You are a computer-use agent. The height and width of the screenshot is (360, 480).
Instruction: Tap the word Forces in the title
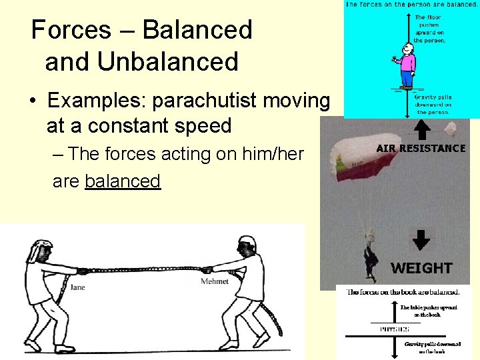coord(71,30)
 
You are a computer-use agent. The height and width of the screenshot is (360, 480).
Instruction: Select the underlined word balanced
coord(123,181)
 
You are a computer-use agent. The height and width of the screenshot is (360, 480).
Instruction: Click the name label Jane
coord(77,287)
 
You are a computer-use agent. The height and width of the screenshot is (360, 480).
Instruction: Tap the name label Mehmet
coord(215,281)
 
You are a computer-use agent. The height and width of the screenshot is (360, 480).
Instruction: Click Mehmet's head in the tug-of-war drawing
coord(247,247)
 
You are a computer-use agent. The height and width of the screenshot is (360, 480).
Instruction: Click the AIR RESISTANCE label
coord(421,149)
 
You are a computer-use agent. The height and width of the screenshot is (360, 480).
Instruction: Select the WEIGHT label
coord(421,268)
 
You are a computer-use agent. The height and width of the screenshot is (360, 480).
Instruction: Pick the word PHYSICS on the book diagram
coord(395,328)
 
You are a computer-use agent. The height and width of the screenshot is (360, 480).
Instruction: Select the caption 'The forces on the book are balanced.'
coord(402,293)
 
